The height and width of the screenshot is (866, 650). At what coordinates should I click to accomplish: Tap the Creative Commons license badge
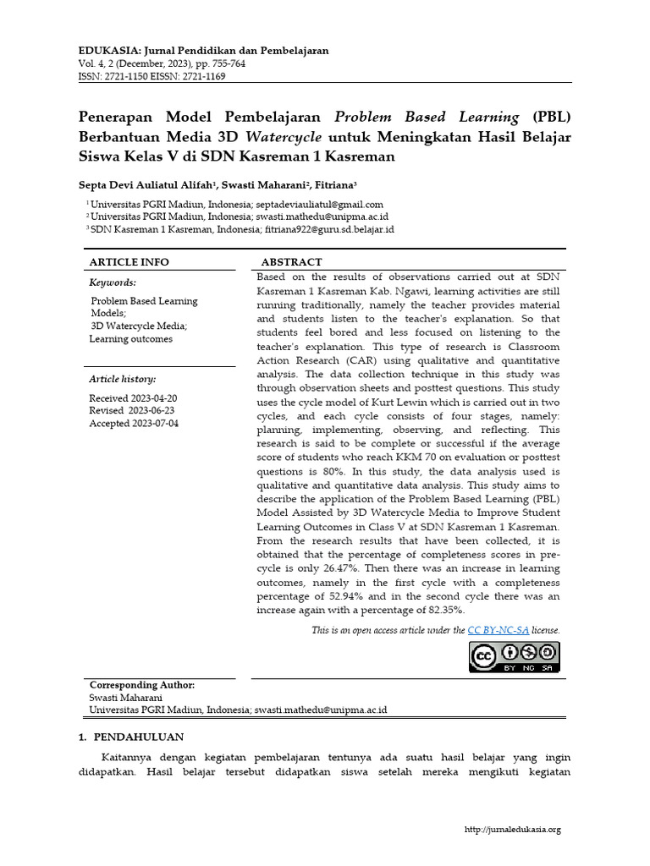[x=515, y=657]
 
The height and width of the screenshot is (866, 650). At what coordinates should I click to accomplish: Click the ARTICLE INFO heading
[x=129, y=262]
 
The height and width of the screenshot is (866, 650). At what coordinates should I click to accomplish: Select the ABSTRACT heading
[x=291, y=262]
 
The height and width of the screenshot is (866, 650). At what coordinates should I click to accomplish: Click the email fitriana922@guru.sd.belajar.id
[x=329, y=229]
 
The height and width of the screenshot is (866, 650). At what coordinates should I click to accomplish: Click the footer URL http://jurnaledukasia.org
[x=513, y=830]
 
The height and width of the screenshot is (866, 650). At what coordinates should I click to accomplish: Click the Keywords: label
[x=113, y=282]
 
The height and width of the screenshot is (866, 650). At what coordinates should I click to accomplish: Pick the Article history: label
[x=123, y=379]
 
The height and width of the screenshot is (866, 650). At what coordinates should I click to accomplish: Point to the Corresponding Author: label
[x=142, y=685]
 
